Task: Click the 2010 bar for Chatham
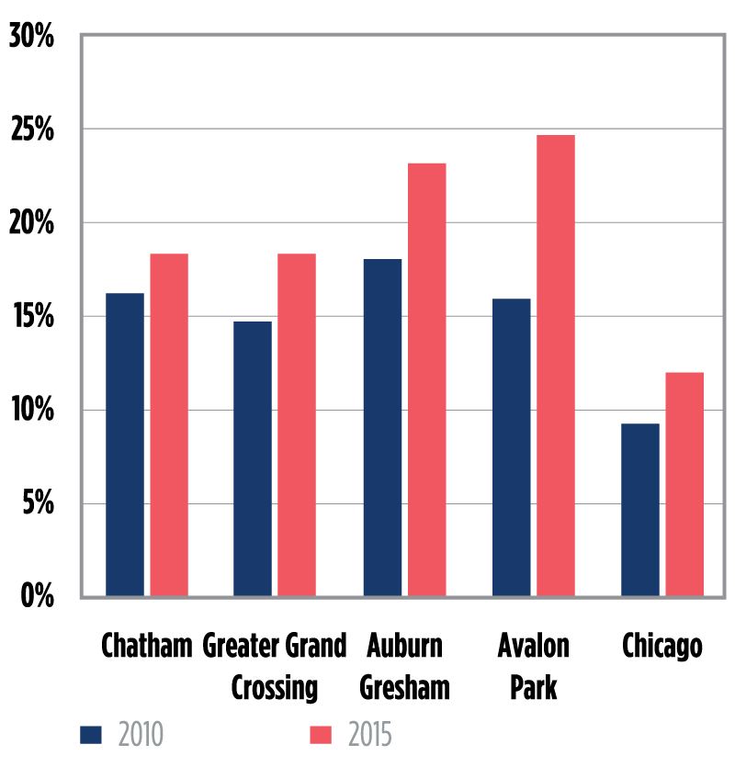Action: (x=125, y=445)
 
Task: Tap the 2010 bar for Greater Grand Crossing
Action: (x=253, y=458)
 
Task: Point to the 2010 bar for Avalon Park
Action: (x=511, y=447)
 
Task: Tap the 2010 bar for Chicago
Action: (x=640, y=510)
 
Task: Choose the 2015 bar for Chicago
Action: (x=684, y=484)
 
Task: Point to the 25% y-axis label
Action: (x=32, y=130)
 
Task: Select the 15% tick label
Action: (x=32, y=318)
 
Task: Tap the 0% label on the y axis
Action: (x=38, y=596)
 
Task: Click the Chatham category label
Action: (x=147, y=646)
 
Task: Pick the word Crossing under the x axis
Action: (x=275, y=687)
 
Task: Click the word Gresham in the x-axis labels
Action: (x=404, y=687)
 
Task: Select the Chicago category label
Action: (x=662, y=646)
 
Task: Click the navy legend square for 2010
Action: (x=91, y=735)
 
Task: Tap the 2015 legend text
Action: (x=370, y=735)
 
